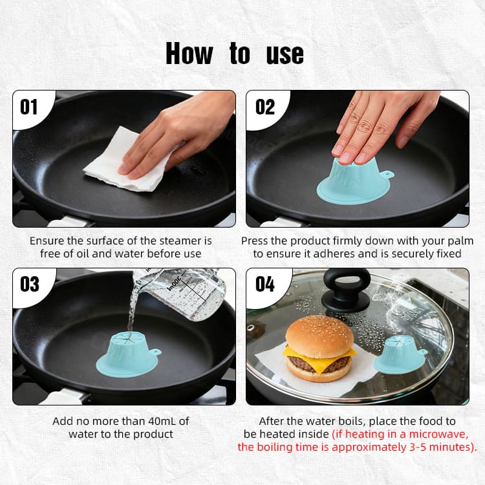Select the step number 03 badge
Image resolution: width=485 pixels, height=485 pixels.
point(29,284)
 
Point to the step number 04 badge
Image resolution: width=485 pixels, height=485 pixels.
point(265,284)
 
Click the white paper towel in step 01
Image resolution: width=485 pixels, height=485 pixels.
point(123,162)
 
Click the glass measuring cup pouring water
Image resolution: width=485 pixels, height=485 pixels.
point(184,291)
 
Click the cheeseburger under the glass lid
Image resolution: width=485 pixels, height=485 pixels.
point(319,349)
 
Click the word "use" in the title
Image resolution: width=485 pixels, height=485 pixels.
point(285,54)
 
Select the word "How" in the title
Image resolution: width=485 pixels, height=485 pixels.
point(189,54)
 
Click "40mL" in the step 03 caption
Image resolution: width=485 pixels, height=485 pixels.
point(160,421)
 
